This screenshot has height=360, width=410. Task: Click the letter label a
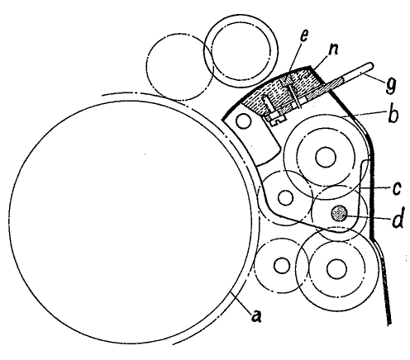[257, 315]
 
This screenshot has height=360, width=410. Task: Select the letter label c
[396, 188]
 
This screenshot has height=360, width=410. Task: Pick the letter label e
[303, 36]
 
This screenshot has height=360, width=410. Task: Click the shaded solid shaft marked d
[340, 213]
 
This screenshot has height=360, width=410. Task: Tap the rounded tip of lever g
[372, 65]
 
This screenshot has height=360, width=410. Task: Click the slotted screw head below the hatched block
[277, 120]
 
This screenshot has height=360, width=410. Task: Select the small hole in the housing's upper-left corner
[244, 121]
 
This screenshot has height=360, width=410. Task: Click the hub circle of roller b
[326, 157]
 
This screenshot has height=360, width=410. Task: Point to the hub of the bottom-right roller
[336, 268]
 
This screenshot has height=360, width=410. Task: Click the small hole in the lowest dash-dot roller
[282, 265]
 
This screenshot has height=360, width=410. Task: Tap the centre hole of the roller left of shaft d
[285, 197]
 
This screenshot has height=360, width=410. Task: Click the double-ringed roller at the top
[241, 50]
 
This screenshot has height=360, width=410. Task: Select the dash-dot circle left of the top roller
[179, 67]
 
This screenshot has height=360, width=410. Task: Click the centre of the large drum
[130, 222]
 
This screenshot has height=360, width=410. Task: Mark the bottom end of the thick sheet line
[389, 323]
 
